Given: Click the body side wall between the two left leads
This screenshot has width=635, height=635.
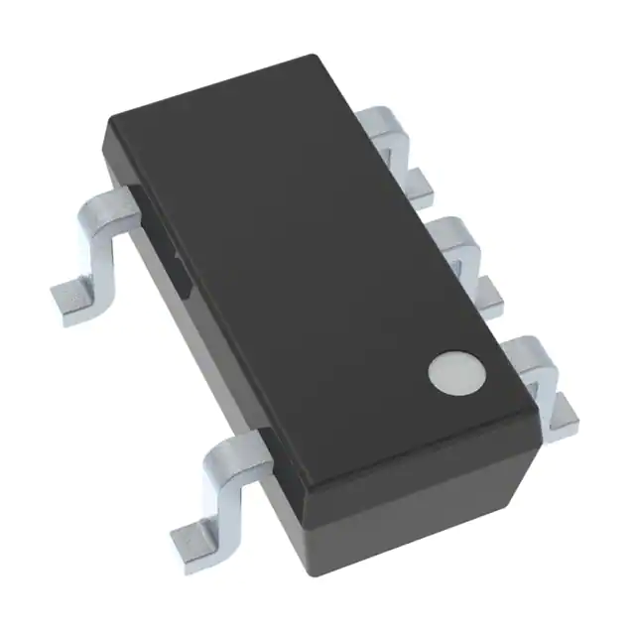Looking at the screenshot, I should [x=198, y=327].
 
